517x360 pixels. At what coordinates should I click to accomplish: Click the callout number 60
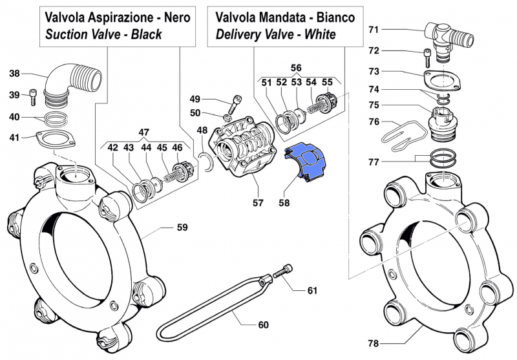[x=262, y=324]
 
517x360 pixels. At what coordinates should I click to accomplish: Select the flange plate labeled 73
[x=439, y=78]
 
